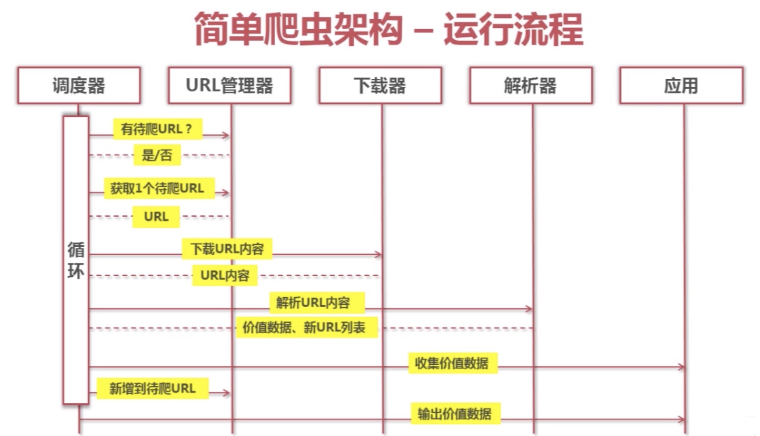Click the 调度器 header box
pos(79,85)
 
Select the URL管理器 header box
pos(230,85)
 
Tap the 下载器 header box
pos(380,85)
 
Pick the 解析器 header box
pos(531,85)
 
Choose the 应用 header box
pos(682,85)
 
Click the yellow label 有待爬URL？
pos(158,129)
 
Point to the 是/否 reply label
pos(157,155)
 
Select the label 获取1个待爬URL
pos(159,188)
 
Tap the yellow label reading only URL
pos(156,217)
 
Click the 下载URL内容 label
pos(227,249)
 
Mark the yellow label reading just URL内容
pos(225,275)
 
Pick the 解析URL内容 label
pos(317,302)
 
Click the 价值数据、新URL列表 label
pos(307,327)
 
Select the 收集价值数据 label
pos(453,363)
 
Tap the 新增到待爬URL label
pos(153,389)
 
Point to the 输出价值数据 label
pos(456,414)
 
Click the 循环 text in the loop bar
pos(76,260)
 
